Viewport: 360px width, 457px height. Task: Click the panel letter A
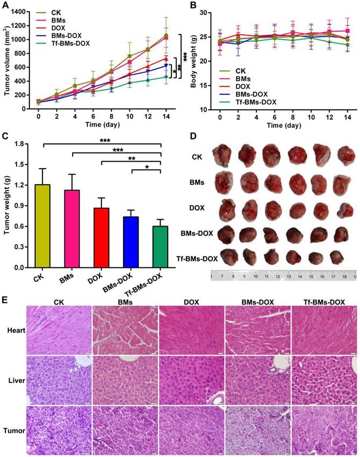tap(6, 6)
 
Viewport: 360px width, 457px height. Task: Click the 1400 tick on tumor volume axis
tap(22, 11)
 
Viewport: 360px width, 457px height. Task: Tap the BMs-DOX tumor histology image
tap(258, 433)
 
